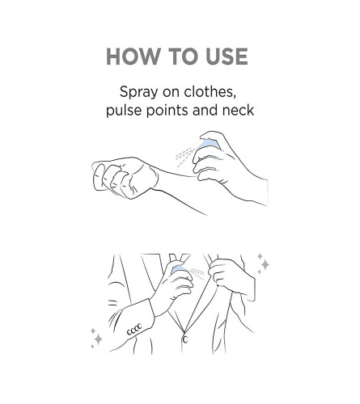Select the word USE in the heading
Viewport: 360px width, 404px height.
pyautogui.click(x=227, y=57)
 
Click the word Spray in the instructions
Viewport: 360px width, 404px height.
pyautogui.click(x=139, y=93)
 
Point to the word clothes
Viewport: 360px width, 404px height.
pyautogui.click(x=210, y=91)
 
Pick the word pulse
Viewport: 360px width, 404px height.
pyautogui.click(x=124, y=111)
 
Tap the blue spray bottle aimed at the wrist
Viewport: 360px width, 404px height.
pyautogui.click(x=210, y=143)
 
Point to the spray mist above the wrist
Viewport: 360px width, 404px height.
pyautogui.click(x=184, y=157)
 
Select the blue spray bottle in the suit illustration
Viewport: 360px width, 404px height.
pyautogui.click(x=179, y=268)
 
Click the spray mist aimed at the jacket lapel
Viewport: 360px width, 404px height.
pyautogui.click(x=197, y=272)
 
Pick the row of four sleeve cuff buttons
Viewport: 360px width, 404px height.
pyautogui.click(x=134, y=330)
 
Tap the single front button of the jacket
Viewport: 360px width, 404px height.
pyautogui.click(x=185, y=339)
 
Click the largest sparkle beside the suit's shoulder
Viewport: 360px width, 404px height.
pyautogui.click(x=265, y=264)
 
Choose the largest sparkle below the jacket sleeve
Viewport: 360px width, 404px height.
pyautogui.click(x=98, y=339)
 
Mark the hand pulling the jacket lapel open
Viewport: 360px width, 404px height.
pyautogui.click(x=231, y=277)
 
